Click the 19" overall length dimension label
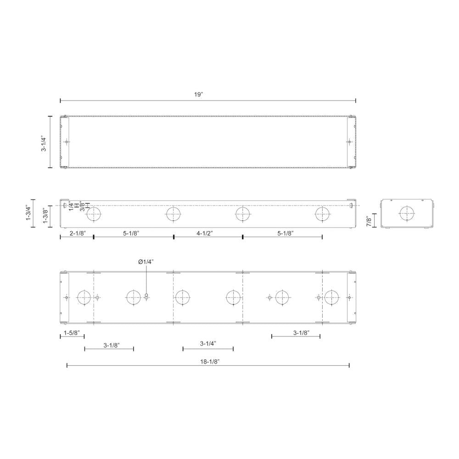tap(198, 94)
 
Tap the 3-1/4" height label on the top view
tap(44, 143)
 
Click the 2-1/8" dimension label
tap(77, 233)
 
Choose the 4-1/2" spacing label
tap(204, 233)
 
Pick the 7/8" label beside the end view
tap(369, 221)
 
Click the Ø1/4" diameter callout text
tap(146, 262)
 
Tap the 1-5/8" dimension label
tap(72, 333)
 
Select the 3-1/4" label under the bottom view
tap(208, 343)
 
